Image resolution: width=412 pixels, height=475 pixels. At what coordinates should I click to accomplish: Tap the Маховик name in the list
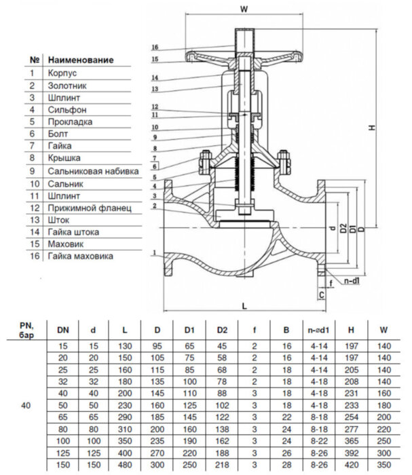[66, 244]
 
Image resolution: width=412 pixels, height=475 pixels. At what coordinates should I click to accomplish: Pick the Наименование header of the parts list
[80, 60]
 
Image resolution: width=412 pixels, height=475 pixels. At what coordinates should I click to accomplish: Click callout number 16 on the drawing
[155, 47]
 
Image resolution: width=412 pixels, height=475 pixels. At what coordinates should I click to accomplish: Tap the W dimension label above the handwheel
[244, 9]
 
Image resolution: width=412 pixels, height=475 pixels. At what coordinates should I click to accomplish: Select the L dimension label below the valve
[244, 306]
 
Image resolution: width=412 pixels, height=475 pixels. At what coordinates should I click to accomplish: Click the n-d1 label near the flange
[352, 280]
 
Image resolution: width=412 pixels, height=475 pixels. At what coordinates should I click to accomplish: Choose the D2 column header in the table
[222, 330]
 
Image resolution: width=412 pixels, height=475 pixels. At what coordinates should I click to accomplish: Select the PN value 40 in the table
[25, 405]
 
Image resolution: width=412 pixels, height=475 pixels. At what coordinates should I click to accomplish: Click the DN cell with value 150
[63, 465]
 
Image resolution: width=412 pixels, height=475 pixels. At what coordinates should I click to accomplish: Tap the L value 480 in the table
[124, 465]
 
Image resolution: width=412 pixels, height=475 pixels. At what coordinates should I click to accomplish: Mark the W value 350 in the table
[384, 465]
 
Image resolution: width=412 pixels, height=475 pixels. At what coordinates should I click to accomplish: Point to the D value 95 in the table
[157, 346]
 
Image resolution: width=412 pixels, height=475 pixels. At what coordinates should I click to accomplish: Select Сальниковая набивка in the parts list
[93, 171]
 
